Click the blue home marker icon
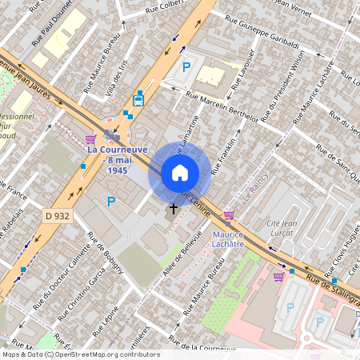(180, 173)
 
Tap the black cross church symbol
(173, 209)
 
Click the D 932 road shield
(58, 215)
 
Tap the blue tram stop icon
(139, 98)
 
